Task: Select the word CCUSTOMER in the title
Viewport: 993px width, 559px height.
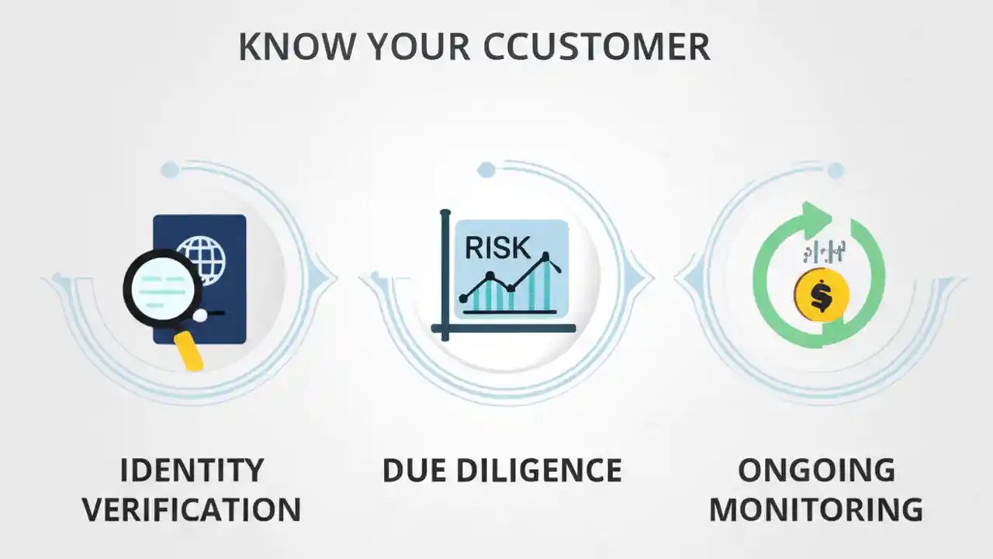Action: [x=597, y=47]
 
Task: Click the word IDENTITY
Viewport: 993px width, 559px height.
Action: [x=192, y=470]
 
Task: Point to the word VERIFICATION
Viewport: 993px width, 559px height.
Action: [x=192, y=510]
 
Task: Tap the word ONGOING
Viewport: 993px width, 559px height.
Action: [x=816, y=470]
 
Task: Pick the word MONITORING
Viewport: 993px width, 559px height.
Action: [x=816, y=510]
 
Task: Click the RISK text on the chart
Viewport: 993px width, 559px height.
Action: [x=497, y=247]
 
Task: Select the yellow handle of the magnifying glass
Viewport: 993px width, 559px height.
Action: [x=189, y=349]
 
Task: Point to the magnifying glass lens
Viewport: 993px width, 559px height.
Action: [x=163, y=284]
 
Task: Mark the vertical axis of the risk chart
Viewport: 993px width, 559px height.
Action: [x=445, y=272]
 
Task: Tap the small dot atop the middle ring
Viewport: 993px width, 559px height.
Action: [x=486, y=169]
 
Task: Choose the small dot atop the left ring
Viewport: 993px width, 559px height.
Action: [x=169, y=170]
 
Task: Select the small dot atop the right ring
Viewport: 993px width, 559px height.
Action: [x=835, y=171]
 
